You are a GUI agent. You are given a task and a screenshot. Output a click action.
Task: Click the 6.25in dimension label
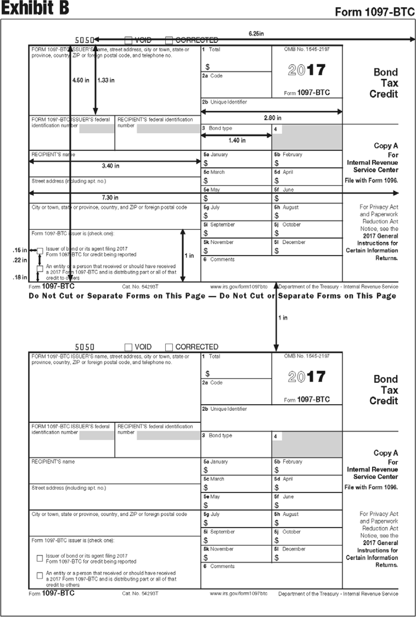click(x=256, y=34)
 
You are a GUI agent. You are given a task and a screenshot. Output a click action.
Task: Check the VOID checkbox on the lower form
click(x=128, y=347)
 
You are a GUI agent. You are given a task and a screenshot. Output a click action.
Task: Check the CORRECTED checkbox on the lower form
click(x=169, y=347)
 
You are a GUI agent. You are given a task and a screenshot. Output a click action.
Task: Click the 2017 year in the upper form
click(x=307, y=70)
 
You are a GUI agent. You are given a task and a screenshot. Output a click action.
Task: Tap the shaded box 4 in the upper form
click(x=307, y=137)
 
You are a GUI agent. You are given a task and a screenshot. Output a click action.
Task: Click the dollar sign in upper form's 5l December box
click(x=276, y=251)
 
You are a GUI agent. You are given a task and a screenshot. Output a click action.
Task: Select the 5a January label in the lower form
click(x=215, y=462)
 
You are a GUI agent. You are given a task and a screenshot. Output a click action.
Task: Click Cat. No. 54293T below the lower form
click(x=140, y=593)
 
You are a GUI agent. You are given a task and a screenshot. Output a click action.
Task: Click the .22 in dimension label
click(x=20, y=260)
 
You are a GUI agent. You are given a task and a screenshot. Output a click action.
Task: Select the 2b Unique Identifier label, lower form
click(x=224, y=409)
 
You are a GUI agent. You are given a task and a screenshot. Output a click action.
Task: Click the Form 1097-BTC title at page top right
click(x=375, y=12)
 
